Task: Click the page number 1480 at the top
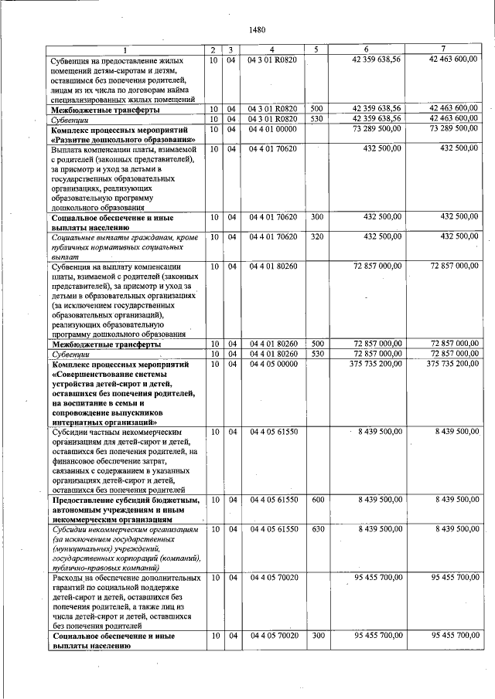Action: pyautogui.click(x=258, y=30)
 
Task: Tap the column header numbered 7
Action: pyautogui.click(x=443, y=50)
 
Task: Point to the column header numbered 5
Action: pyautogui.click(x=316, y=50)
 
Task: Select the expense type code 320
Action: pyautogui.click(x=316, y=236)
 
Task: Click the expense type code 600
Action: pyautogui.click(x=316, y=500)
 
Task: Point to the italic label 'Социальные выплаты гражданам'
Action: pyautogui.click(x=123, y=236)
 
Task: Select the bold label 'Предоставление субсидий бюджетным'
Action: pyautogui.click(x=125, y=500)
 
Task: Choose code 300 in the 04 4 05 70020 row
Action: pyautogui.click(x=316, y=635)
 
